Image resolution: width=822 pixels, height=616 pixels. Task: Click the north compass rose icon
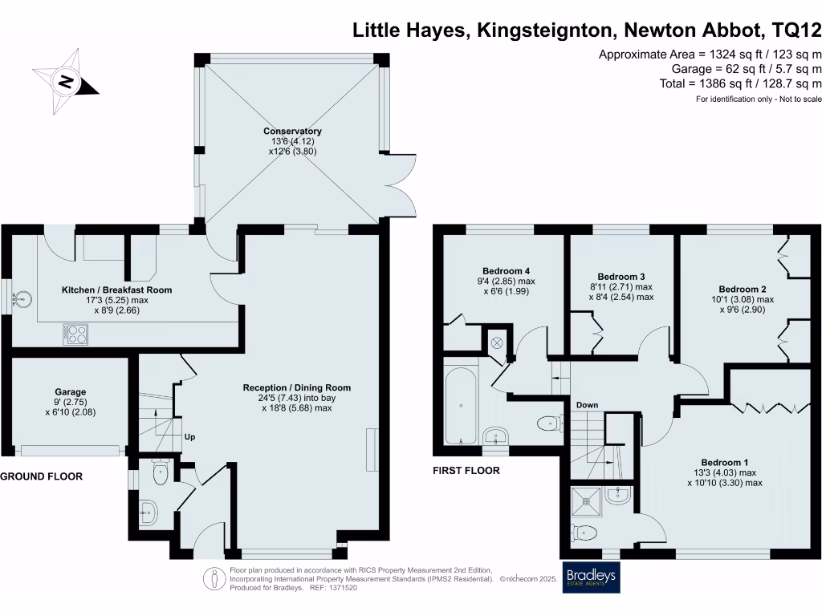pos(67,81)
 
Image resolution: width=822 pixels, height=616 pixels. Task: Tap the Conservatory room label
pos(292,131)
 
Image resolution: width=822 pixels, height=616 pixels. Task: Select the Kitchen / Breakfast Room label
pos(117,290)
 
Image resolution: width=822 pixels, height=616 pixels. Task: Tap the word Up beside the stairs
pos(190,437)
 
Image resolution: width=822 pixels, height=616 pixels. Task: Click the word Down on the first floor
pos(587,405)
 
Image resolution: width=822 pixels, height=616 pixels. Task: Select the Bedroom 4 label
pos(506,270)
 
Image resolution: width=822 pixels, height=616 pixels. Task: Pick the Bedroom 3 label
pos(622,276)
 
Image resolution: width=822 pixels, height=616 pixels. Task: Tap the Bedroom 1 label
pos(724,462)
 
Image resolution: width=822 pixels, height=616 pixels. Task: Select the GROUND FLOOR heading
pos(42,476)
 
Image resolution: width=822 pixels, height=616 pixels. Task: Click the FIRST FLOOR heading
pos(467,471)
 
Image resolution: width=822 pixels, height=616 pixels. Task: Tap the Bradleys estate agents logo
pos(592,577)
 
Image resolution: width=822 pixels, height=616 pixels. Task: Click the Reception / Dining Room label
pos(297,387)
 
